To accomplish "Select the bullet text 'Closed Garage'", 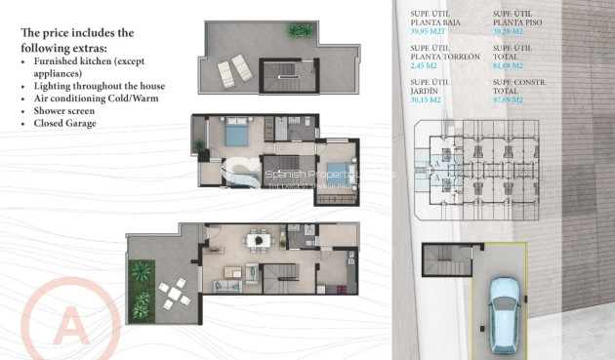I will coord(68,124).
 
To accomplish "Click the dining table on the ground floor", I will coord(259,238).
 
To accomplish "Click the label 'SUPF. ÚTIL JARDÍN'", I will coord(430,85).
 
